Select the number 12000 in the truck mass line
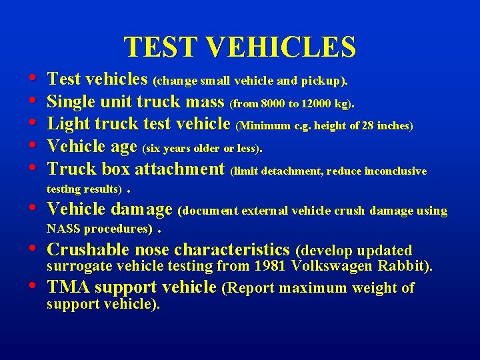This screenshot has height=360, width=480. click(x=320, y=104)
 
